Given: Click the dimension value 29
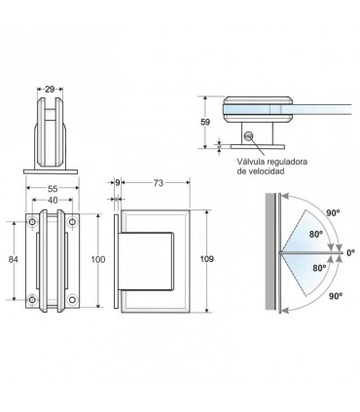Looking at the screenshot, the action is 50,89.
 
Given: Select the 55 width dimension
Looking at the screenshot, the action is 53,188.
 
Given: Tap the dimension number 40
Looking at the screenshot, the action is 53,201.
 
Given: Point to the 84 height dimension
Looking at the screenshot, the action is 13,260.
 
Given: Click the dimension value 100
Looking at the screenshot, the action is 98,260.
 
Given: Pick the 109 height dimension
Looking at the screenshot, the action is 207,259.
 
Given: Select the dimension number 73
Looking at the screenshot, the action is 159,183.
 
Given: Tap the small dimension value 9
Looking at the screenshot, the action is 118,183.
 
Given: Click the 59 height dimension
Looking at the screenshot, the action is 205,123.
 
